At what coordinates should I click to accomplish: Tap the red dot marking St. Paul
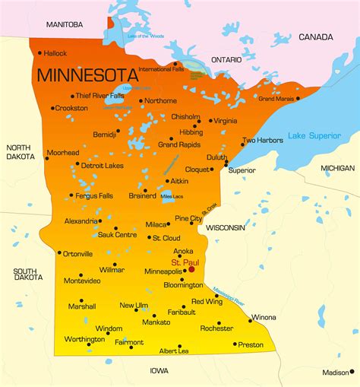coord(191,269)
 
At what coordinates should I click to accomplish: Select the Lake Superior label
coord(314,136)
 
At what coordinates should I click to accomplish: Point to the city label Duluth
coord(216,157)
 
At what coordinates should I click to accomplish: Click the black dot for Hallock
coord(39,52)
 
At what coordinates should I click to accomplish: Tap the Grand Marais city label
coord(276,99)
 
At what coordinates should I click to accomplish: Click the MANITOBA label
coord(65,24)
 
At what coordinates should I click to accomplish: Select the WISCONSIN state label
coord(226,227)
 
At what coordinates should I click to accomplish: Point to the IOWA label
coord(159,370)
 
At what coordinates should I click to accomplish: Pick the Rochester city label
coord(216,328)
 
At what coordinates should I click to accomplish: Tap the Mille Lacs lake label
coord(172,196)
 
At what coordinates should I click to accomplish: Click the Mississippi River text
coord(229,294)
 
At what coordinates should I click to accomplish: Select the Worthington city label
coord(84,339)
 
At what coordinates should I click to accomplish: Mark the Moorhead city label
coord(62,153)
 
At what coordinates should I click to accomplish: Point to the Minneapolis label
coord(163,271)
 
